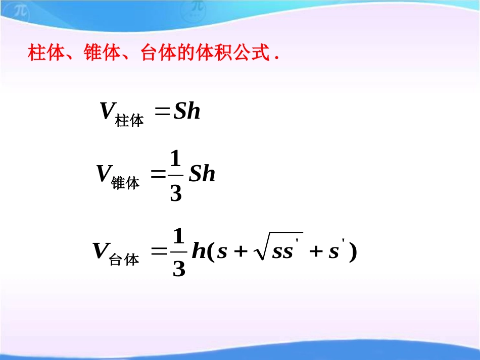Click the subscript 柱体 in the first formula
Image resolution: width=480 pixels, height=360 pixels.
[130, 121]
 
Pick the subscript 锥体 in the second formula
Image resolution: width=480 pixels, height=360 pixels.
[125, 183]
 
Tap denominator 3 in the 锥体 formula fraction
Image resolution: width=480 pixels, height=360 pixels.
[175, 193]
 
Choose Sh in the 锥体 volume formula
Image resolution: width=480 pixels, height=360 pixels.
[202, 174]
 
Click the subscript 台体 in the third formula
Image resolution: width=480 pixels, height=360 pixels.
[124, 260]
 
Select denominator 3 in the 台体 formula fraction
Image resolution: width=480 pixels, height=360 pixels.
[179, 270]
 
